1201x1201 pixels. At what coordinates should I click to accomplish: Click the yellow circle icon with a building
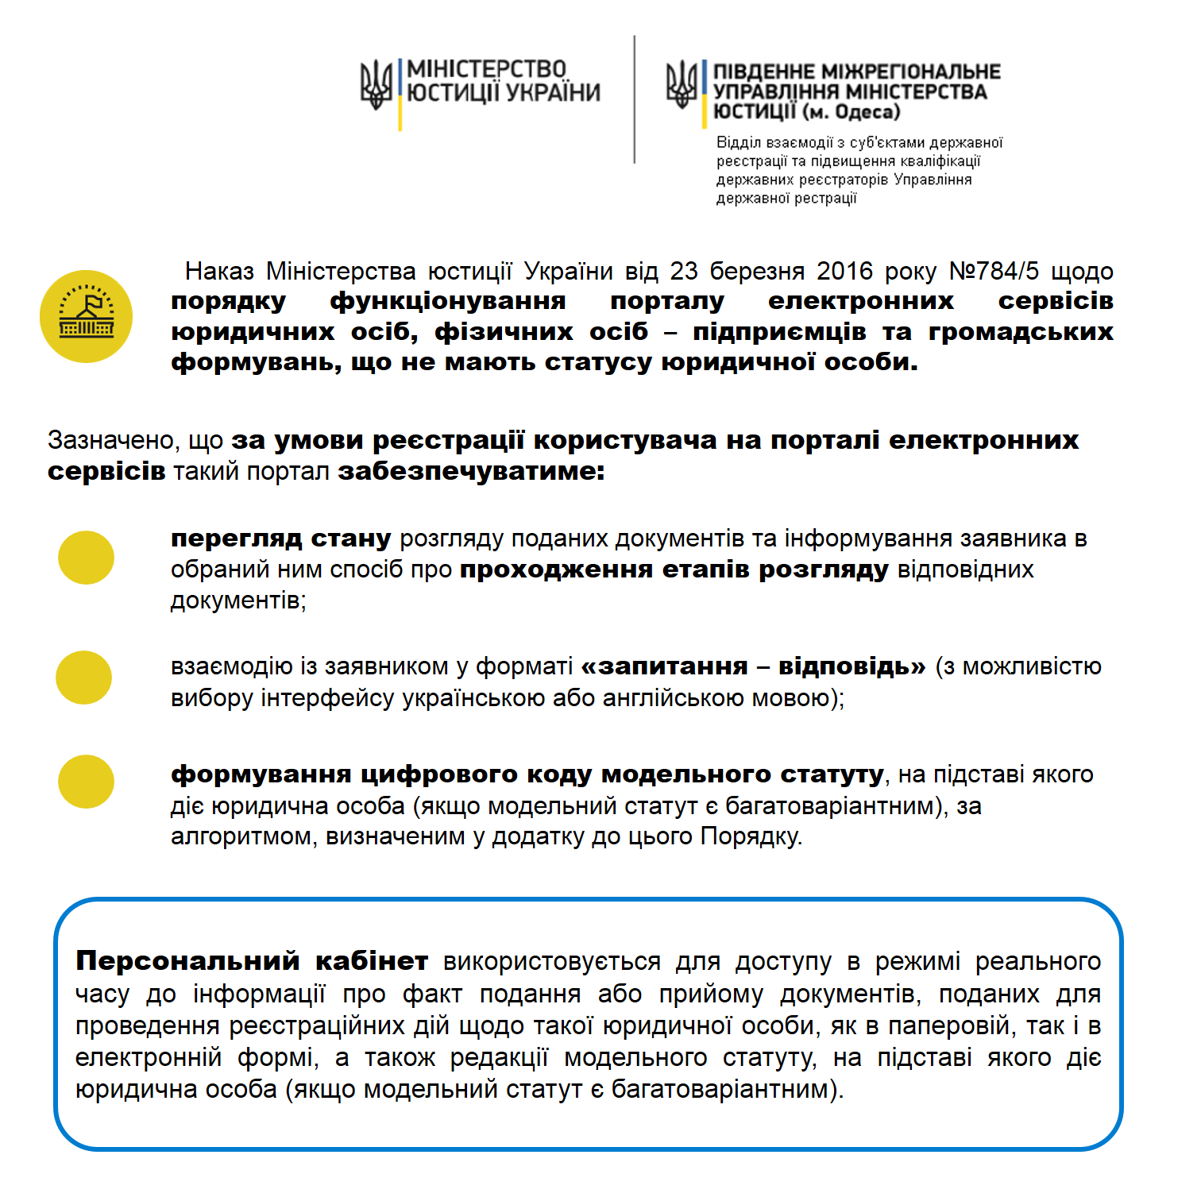(86, 316)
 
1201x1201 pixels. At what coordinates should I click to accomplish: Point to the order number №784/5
(994, 272)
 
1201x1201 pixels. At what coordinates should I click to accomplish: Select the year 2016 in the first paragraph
(845, 272)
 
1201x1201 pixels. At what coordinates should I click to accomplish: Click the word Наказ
(219, 272)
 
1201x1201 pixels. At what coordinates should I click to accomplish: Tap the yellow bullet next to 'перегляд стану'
(86, 558)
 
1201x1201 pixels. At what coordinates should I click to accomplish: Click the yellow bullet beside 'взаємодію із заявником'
(83, 678)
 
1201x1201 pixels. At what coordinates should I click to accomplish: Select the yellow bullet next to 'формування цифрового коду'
(86, 782)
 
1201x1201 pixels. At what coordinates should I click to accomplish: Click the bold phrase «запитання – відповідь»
(753, 666)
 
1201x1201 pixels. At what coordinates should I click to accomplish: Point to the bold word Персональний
(187, 961)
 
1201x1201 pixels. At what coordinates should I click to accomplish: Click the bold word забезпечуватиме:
(472, 471)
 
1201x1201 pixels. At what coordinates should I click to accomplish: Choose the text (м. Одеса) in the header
(851, 112)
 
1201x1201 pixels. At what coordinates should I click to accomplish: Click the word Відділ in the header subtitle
(738, 143)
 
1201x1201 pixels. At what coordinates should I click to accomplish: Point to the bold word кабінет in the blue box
(372, 961)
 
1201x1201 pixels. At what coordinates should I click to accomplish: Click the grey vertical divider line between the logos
(634, 99)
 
